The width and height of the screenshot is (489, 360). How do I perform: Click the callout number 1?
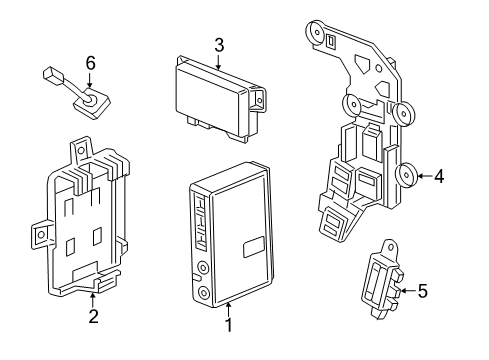click(x=228, y=324)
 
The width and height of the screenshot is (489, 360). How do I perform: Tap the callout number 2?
click(x=93, y=318)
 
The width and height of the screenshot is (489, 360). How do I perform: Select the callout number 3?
click(x=218, y=44)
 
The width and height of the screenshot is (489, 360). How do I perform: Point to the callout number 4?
click(x=439, y=177)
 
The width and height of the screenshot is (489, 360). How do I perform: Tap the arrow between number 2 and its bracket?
click(x=93, y=301)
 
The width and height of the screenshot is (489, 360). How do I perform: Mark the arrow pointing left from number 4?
click(x=423, y=177)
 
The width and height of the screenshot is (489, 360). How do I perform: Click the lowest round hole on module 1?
click(x=204, y=293)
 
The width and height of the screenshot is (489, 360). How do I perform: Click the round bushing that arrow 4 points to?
click(x=408, y=177)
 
